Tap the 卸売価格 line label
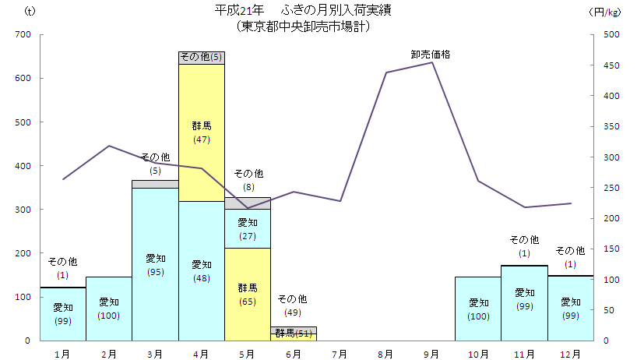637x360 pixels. (431, 55)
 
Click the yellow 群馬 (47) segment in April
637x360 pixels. (201, 132)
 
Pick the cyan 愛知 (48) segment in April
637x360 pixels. (201, 270)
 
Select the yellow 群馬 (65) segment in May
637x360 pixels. (247, 294)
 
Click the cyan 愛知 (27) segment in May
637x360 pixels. (247, 228)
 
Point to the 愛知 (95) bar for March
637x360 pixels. (155, 264)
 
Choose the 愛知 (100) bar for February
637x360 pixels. (109, 308)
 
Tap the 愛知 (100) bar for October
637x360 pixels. (478, 308)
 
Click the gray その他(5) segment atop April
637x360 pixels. (201, 57)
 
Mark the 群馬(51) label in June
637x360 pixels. (293, 334)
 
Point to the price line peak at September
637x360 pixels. (432, 62)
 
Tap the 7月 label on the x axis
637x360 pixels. (339, 353)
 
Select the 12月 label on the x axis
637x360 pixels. (570, 353)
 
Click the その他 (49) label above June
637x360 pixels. (293, 305)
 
